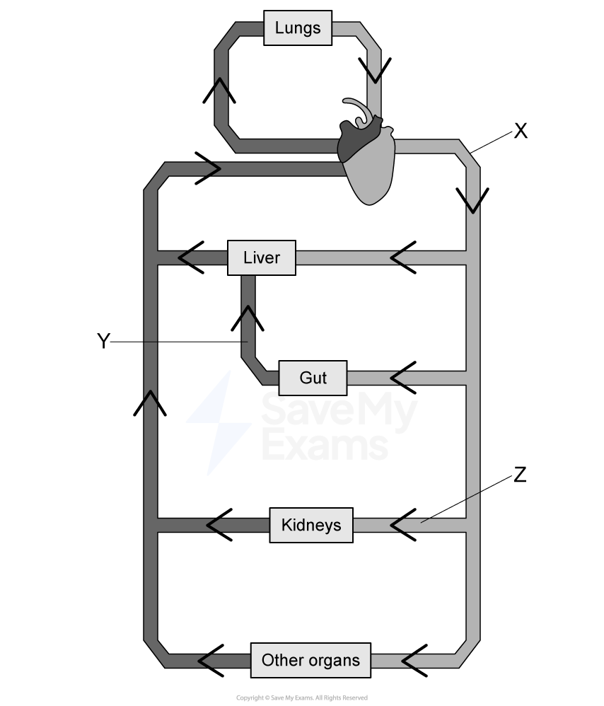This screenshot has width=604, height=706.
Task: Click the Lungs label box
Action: click(x=298, y=28)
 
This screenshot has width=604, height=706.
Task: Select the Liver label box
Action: click(x=262, y=257)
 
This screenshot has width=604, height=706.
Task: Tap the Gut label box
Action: click(x=313, y=378)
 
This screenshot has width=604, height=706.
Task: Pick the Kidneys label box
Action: click(x=311, y=525)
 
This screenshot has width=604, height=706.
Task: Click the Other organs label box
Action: click(x=310, y=661)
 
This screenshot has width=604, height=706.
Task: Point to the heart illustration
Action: click(x=366, y=159)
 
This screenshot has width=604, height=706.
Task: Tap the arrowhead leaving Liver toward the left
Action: click(x=186, y=257)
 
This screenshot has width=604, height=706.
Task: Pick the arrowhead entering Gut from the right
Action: click(x=397, y=378)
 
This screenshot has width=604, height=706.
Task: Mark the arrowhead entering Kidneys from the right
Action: click(x=397, y=525)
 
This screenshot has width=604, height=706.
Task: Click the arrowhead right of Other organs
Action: click(x=408, y=661)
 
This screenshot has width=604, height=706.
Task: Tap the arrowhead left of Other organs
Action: click(x=205, y=661)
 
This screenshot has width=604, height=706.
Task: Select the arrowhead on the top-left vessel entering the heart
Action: click(x=214, y=169)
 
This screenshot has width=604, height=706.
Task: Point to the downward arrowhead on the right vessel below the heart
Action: click(x=473, y=206)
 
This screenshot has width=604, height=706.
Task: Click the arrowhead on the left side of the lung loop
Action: click(x=221, y=84)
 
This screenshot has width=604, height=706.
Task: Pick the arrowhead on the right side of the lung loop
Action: click(x=374, y=74)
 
